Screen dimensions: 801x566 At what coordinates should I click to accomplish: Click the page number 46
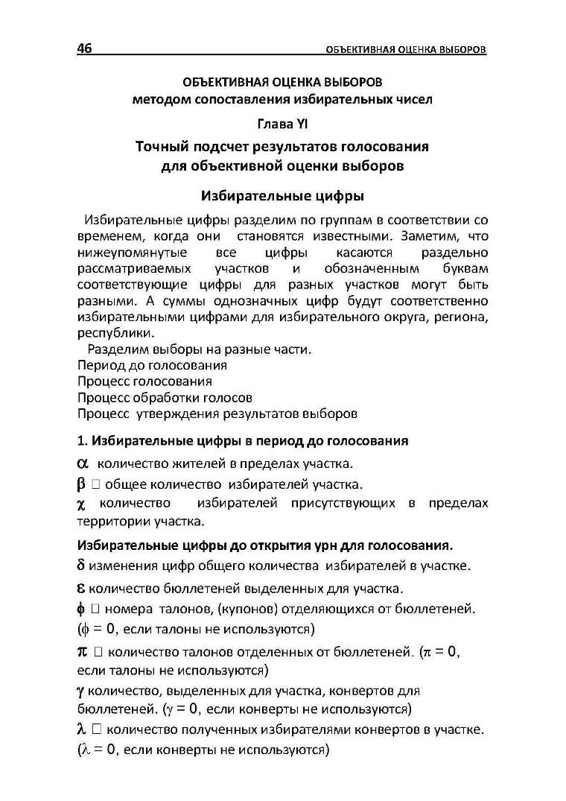84,49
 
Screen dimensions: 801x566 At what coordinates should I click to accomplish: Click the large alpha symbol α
83,463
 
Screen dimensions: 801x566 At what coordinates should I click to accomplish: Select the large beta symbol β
82,484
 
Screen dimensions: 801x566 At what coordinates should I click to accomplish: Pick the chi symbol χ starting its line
82,504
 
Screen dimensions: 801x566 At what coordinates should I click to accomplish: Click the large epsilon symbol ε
82,587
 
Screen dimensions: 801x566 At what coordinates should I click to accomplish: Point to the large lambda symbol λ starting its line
82,729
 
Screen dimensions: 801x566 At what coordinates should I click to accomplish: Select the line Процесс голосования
144,381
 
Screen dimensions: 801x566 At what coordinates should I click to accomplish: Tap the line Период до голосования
152,365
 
